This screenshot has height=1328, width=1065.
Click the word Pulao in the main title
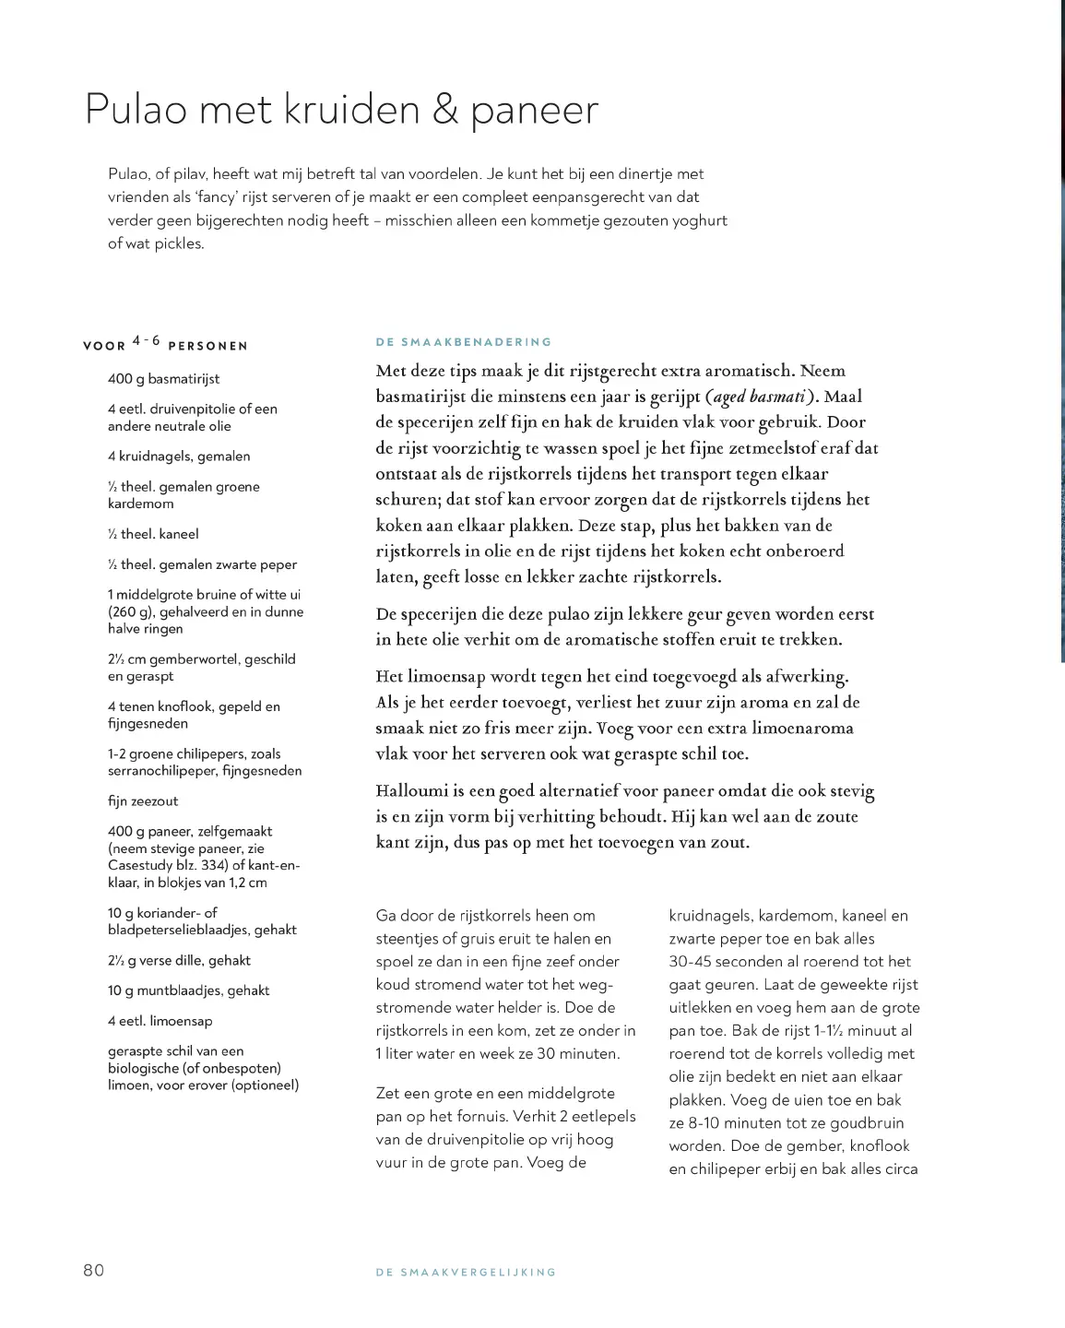tap(136, 110)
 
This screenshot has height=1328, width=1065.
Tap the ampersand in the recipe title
tap(444, 110)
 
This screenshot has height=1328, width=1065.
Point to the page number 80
tap(94, 1270)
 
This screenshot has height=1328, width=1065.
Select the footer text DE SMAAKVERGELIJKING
tap(466, 1273)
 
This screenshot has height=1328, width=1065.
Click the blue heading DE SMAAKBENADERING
tap(463, 342)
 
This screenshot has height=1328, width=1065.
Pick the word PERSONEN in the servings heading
tap(207, 346)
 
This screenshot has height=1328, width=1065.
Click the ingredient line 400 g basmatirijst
tap(163, 379)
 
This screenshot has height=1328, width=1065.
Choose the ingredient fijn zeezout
tap(143, 801)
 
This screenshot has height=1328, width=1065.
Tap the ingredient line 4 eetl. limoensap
tap(160, 1021)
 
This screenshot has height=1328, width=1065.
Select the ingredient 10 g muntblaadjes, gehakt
tap(188, 990)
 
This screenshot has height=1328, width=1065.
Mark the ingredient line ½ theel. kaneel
tap(153, 534)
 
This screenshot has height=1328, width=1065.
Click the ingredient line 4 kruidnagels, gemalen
tap(179, 456)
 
